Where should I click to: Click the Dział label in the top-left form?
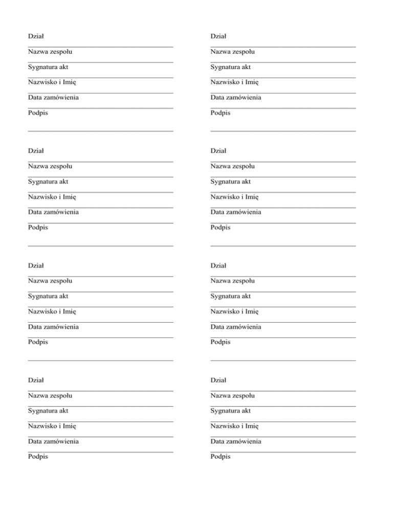click(x=36, y=36)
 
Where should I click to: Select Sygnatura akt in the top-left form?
click(x=48, y=67)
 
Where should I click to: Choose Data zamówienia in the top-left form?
click(x=53, y=97)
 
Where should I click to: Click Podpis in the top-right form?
click(x=220, y=113)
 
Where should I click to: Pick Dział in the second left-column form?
click(x=36, y=151)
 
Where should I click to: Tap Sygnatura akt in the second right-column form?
click(x=230, y=182)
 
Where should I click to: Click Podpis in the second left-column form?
click(x=38, y=227)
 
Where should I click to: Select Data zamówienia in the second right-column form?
click(x=235, y=212)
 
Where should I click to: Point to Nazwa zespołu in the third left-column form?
click(x=50, y=281)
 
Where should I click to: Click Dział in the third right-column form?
click(x=218, y=266)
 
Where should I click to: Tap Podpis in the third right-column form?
click(x=220, y=342)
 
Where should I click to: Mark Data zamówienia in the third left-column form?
click(x=53, y=327)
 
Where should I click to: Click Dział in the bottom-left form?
click(x=36, y=380)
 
